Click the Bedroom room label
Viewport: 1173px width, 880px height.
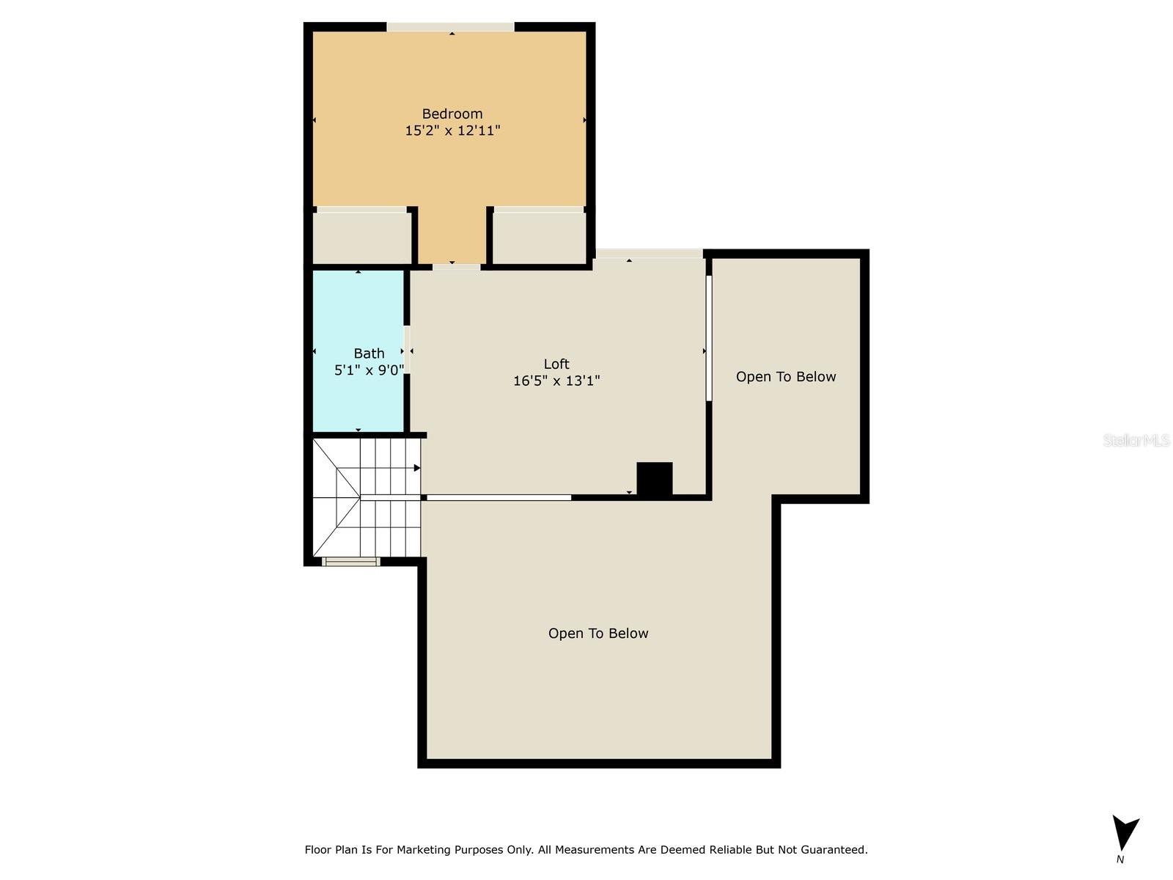(x=452, y=114)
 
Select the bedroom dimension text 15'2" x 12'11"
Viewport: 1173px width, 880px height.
(x=452, y=131)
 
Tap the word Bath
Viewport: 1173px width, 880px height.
(x=369, y=353)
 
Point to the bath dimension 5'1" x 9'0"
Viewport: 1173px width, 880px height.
(x=369, y=370)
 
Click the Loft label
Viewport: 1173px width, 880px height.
(x=556, y=364)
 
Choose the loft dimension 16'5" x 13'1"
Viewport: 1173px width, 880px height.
(x=556, y=381)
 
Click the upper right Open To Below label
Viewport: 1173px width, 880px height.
(x=786, y=377)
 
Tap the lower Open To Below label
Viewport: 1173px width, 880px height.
(x=598, y=633)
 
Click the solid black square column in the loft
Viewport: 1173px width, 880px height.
(x=654, y=479)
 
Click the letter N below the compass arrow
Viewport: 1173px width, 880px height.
(x=1120, y=859)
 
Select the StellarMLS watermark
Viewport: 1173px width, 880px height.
(x=1136, y=440)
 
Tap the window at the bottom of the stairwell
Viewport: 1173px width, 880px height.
(x=350, y=562)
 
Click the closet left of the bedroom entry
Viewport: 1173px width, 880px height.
(x=361, y=238)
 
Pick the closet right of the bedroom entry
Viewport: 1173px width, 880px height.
(x=539, y=238)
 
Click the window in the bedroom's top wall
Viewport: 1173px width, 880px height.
(x=450, y=26)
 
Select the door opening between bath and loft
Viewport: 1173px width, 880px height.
(x=407, y=350)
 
